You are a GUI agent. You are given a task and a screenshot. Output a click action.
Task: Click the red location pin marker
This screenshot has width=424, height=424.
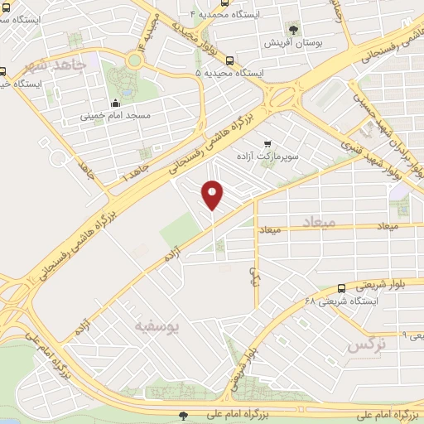(x=213, y=195)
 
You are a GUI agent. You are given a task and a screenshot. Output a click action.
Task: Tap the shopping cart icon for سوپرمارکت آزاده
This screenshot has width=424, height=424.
(x=266, y=142)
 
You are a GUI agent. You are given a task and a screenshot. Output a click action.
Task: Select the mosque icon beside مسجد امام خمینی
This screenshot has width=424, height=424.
(x=115, y=104)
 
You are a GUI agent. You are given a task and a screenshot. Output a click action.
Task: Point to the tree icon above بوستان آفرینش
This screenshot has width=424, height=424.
(x=291, y=29)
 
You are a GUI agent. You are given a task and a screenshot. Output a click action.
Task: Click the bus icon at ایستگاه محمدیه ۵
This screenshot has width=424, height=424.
(x=229, y=73)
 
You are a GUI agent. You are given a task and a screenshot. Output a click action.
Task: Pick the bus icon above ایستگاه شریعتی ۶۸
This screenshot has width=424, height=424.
(x=341, y=288)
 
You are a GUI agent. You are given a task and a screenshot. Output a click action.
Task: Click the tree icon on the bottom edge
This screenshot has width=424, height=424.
(x=183, y=415)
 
